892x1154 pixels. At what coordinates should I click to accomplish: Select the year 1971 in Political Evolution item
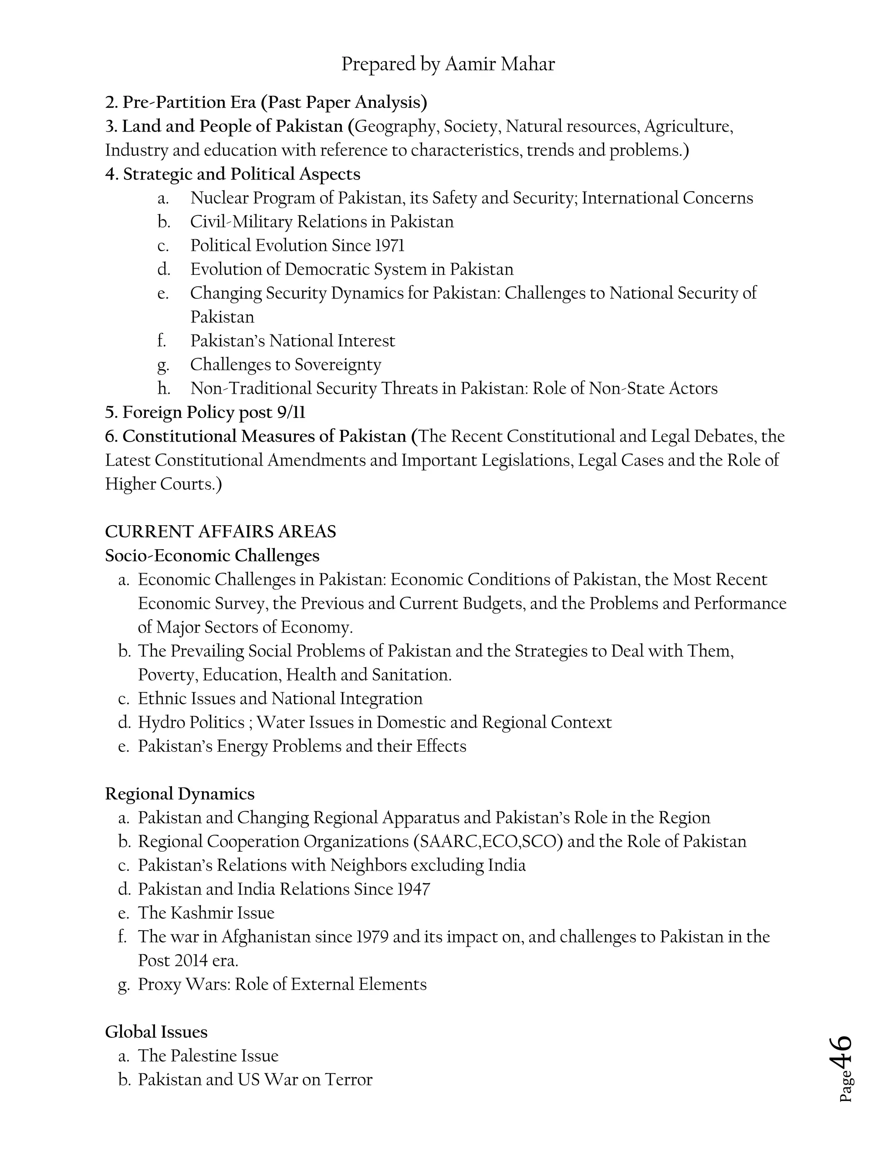pos(390,246)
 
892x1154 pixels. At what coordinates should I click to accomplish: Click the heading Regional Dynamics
pos(180,793)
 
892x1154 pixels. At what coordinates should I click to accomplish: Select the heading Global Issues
pos(156,1031)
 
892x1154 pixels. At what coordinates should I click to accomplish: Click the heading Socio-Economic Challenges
pos(212,556)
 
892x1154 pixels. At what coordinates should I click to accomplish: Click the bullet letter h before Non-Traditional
pos(163,388)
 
